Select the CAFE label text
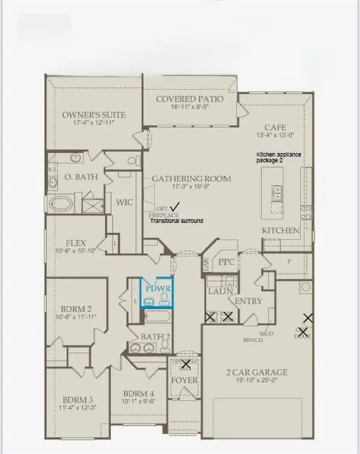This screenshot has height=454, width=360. click(277, 127)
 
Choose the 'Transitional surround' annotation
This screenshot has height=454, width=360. click(176, 221)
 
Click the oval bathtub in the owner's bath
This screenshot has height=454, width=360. click(61, 204)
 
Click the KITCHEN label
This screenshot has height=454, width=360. click(281, 231)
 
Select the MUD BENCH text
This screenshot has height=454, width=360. click(266, 336)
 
